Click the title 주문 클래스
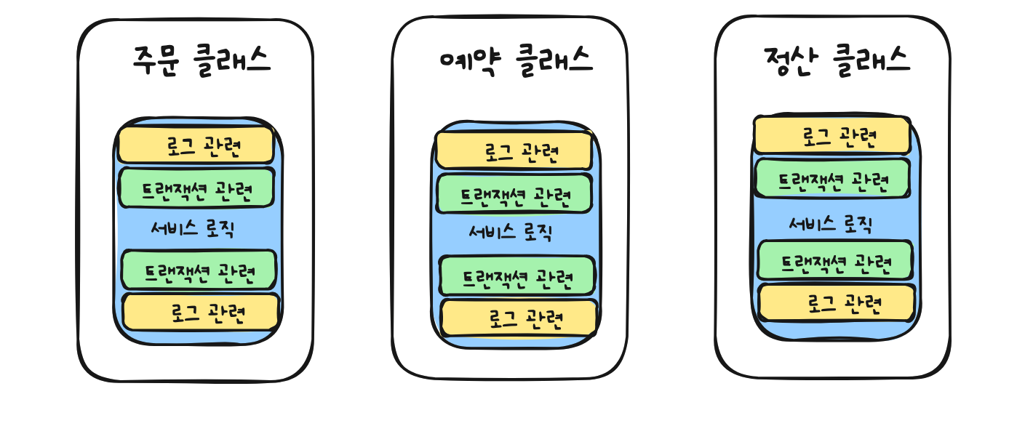click(x=202, y=60)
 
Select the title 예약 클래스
click(x=517, y=59)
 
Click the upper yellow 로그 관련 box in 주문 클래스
click(x=196, y=145)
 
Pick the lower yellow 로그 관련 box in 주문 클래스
click(x=201, y=313)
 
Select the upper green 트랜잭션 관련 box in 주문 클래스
click(x=196, y=188)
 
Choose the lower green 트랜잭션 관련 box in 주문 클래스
click(x=199, y=270)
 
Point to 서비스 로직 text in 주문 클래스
click(x=192, y=229)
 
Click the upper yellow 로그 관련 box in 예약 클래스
click(x=514, y=150)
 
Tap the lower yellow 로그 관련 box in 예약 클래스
click(x=519, y=318)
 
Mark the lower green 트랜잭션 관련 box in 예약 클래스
click(x=517, y=276)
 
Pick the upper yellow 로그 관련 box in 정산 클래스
click(x=831, y=135)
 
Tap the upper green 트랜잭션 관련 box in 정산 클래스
click(x=832, y=178)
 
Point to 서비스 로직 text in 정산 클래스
click(x=830, y=225)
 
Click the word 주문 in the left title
click(x=156, y=60)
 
